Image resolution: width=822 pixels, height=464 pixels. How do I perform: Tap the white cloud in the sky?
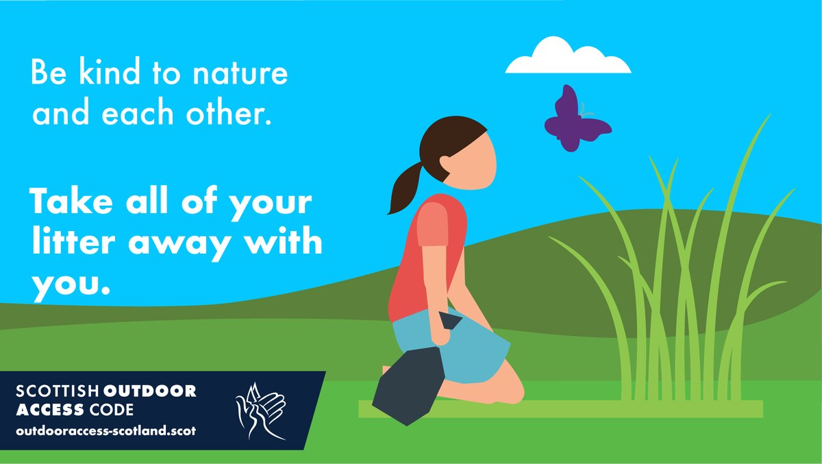tap(568, 59)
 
